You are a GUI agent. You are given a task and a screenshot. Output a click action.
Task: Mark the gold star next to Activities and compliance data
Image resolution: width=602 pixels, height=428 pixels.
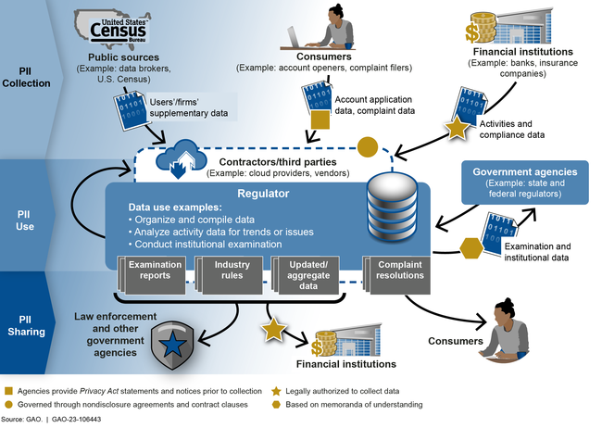coord(458,130)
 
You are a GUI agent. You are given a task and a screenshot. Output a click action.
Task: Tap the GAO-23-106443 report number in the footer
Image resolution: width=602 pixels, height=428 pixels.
coord(78,420)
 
